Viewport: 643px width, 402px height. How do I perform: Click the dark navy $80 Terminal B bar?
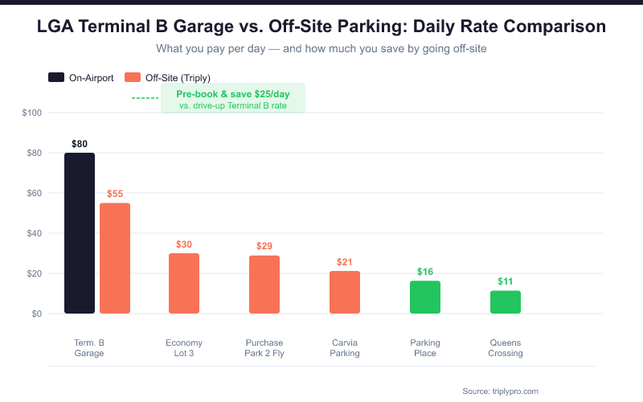tap(80, 233)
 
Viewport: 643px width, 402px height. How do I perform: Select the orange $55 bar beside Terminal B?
tap(115, 258)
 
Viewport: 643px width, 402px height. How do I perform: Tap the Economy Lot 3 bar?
tap(184, 283)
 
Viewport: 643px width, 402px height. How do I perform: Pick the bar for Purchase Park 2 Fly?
tap(264, 285)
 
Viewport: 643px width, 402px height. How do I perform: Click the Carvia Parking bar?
tap(345, 293)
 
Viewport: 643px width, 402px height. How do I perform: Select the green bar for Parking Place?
tap(425, 297)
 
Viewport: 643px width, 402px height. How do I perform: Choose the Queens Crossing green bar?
tap(506, 302)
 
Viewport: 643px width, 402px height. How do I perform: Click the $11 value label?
tap(506, 281)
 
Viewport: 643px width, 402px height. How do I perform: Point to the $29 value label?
tap(264, 246)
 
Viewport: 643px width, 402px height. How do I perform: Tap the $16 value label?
tap(425, 272)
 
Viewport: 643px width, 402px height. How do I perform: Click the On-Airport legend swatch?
tap(57, 78)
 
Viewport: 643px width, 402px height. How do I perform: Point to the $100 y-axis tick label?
tap(32, 113)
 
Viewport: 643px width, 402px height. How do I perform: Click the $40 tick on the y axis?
tap(34, 233)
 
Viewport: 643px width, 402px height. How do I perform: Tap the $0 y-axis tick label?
tap(36, 314)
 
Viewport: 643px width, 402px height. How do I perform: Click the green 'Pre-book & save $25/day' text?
tap(232, 94)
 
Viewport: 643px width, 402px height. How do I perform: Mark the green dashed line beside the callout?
tap(145, 98)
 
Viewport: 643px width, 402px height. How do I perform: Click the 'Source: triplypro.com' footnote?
tap(500, 391)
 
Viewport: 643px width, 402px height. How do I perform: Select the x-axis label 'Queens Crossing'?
tap(506, 348)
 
